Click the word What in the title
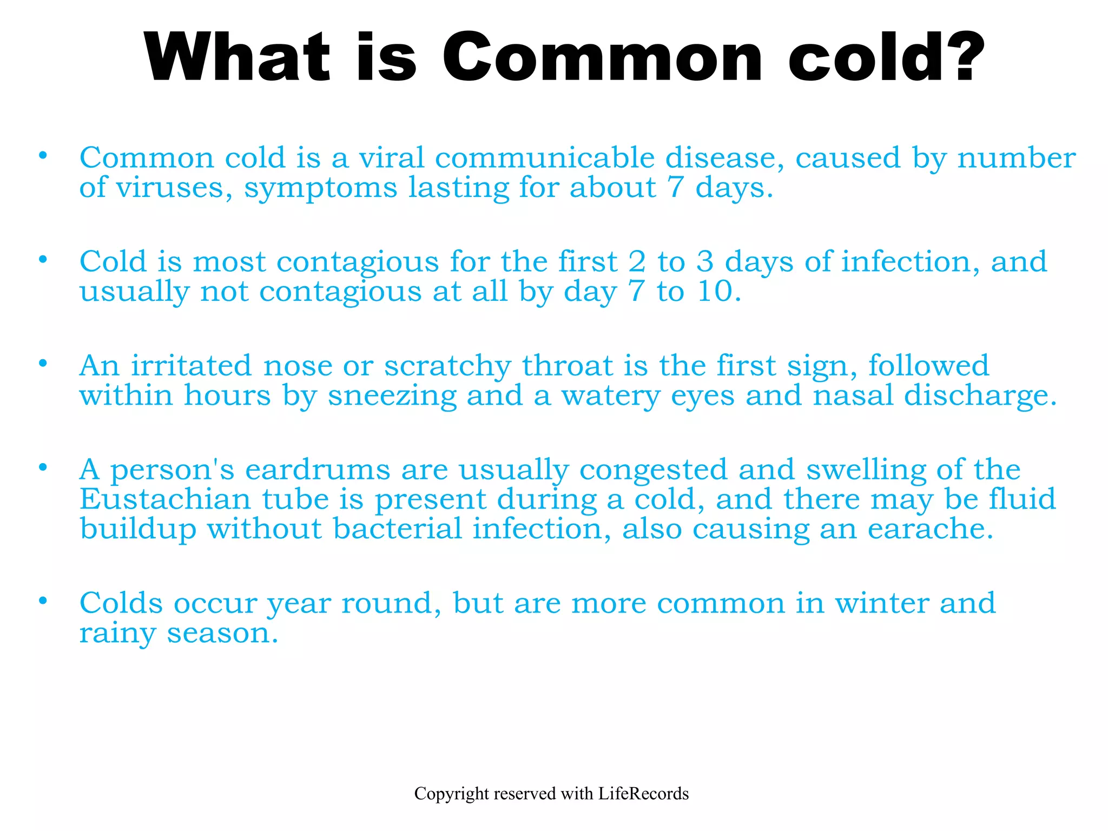(x=237, y=57)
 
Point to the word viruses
(x=174, y=188)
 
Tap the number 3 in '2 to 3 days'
(x=704, y=262)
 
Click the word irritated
(x=192, y=366)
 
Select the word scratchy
(x=447, y=367)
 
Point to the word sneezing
(x=392, y=396)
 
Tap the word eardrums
(x=318, y=470)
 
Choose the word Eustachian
(x=166, y=499)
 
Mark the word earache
(x=930, y=529)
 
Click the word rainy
(x=118, y=634)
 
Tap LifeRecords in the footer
(x=643, y=794)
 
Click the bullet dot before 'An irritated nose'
(x=43, y=363)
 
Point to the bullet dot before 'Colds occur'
(x=43, y=601)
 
